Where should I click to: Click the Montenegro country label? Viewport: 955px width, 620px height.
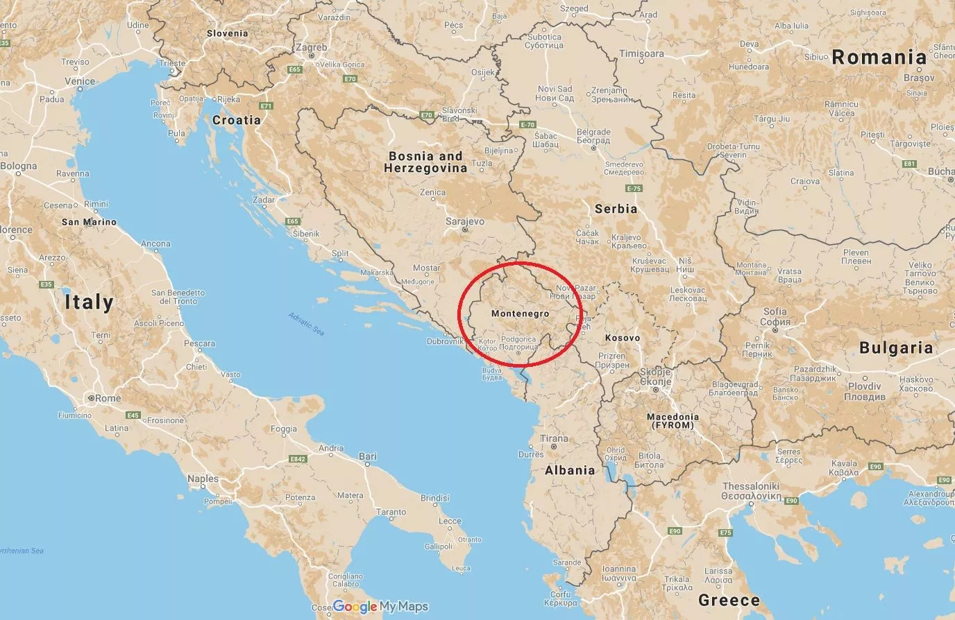pos(520,313)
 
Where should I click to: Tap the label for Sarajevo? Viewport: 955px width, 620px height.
pos(465,222)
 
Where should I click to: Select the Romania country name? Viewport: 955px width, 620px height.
pos(879,58)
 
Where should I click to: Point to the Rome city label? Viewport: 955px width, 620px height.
pos(108,398)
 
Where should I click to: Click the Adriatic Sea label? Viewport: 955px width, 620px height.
pos(306,325)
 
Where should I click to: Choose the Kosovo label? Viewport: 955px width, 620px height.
pos(622,338)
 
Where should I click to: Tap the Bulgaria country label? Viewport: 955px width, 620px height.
pos(896,347)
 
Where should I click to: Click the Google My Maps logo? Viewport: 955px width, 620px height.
pos(380,607)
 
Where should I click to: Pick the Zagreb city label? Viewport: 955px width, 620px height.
pos(311,49)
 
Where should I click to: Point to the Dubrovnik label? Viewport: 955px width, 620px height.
pos(445,341)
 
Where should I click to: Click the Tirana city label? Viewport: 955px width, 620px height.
pos(554,438)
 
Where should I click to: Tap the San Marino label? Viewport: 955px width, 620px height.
pos(89,222)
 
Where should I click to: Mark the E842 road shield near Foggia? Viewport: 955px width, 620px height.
pos(298,459)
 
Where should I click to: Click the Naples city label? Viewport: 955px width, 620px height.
pos(203,479)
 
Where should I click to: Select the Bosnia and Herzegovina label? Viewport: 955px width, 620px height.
pos(425,162)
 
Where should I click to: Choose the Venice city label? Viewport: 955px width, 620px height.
pos(80,81)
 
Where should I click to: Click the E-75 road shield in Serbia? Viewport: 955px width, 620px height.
pos(633,189)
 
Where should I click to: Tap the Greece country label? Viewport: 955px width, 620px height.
pos(729,600)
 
